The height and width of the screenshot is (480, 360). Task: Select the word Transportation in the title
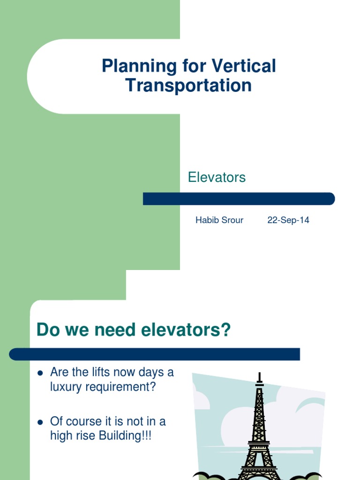click(189, 86)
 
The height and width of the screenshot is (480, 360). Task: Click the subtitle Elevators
click(217, 177)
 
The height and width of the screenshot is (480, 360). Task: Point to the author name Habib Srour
click(219, 220)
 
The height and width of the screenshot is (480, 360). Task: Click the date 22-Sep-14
click(288, 220)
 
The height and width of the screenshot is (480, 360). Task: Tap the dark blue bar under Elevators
click(239, 199)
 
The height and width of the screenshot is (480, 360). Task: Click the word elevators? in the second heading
click(184, 330)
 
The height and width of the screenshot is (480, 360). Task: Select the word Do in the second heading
click(47, 330)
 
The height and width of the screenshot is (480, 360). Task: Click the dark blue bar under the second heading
click(154, 354)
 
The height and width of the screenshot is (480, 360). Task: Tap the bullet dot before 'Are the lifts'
click(40, 373)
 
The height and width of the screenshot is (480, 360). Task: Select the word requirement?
click(122, 387)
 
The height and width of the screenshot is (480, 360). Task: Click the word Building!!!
click(125, 436)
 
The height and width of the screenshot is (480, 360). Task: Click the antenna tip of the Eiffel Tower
click(259, 374)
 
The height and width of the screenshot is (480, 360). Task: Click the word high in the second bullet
click(61, 436)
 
